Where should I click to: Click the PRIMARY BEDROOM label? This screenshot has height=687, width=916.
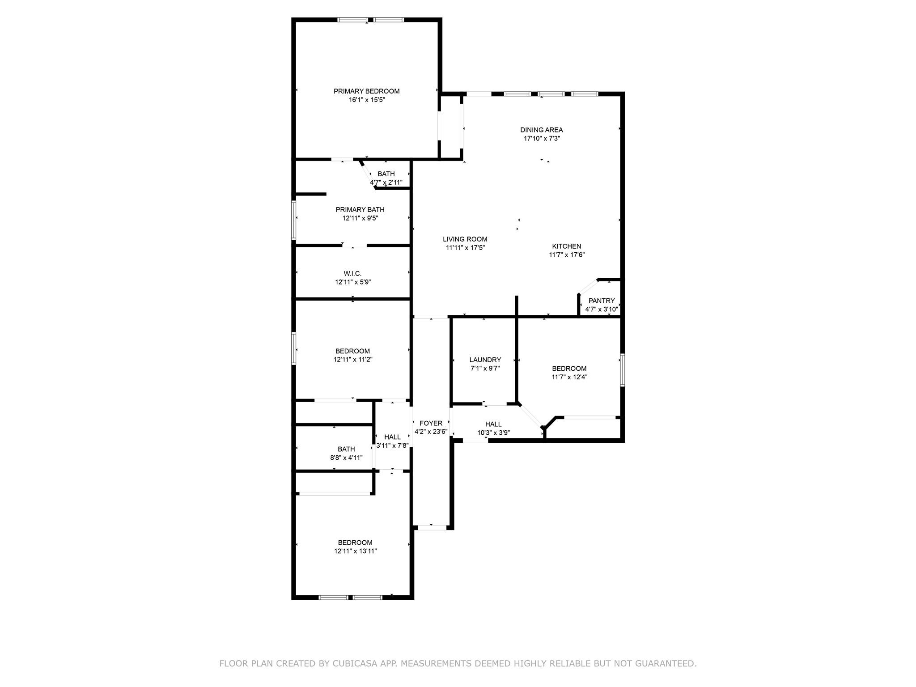[366, 91]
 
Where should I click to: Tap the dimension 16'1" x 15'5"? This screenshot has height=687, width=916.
[366, 100]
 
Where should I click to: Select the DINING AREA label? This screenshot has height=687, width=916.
[541, 130]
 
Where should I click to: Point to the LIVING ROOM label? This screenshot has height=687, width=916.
[465, 239]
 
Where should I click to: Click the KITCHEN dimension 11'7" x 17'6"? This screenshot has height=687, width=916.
[567, 255]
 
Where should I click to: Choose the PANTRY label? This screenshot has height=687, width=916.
[601, 301]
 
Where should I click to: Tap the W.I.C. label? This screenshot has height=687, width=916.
[352, 273]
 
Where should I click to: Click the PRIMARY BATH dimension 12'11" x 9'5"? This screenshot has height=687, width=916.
[360, 218]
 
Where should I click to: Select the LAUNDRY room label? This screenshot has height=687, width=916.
[485, 360]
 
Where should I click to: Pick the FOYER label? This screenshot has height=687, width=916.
[431, 423]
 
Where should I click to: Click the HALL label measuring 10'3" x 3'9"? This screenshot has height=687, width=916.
[493, 424]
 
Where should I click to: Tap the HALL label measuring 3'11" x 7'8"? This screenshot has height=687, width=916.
[392, 437]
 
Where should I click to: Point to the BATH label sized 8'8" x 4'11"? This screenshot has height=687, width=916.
[346, 449]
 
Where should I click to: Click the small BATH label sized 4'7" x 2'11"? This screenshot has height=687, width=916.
[386, 174]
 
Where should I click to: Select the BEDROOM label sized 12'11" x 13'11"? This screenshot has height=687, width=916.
[355, 543]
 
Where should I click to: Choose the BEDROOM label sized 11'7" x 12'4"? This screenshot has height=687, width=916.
[569, 369]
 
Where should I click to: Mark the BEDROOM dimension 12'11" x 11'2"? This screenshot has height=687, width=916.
[353, 359]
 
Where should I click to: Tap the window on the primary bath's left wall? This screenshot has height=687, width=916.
[294, 220]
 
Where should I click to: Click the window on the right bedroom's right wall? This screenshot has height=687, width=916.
[622, 370]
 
